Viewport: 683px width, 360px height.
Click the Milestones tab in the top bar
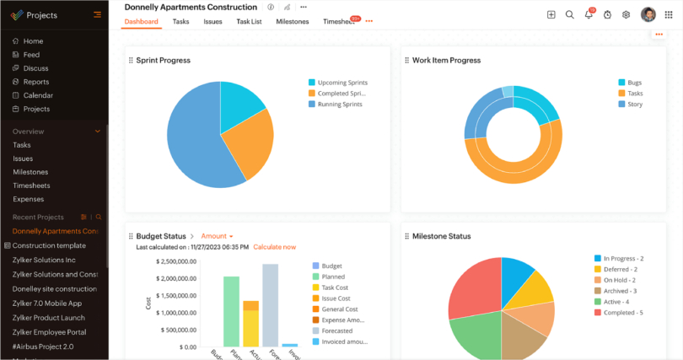tap(292, 22)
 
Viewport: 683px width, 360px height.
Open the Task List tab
tap(249, 22)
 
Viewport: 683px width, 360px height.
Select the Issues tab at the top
tap(212, 22)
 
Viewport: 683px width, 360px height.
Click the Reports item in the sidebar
tap(35, 82)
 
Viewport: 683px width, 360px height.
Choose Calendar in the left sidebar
tap(38, 95)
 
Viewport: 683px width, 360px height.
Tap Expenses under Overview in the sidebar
tap(28, 199)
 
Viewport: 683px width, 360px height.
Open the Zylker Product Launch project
tap(49, 318)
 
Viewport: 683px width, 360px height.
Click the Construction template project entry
tap(49, 245)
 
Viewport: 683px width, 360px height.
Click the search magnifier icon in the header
tap(569, 14)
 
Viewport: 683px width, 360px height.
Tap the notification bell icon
tap(589, 14)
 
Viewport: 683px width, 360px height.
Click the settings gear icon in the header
tap(626, 14)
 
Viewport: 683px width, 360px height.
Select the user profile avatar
tap(648, 14)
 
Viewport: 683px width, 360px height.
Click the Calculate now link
tap(274, 247)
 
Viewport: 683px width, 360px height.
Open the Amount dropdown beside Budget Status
tap(217, 236)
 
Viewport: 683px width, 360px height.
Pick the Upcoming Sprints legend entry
tap(341, 83)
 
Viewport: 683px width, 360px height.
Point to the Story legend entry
tap(634, 105)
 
